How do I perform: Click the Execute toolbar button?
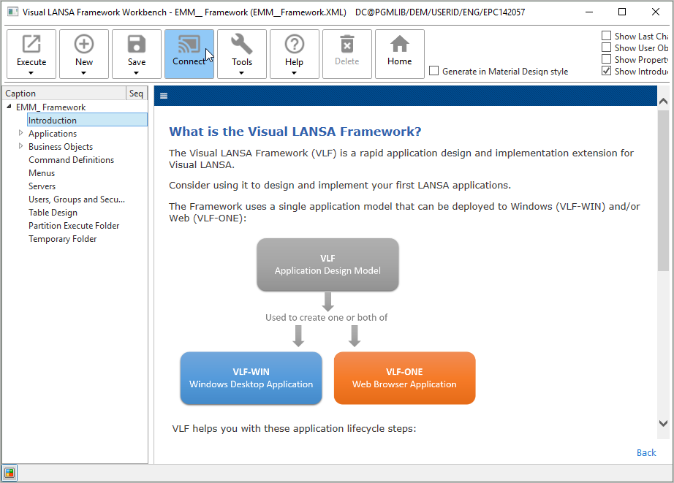31,53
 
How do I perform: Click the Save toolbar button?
137,53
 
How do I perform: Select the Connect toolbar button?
189,53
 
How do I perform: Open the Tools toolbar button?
242,53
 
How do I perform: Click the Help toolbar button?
294,53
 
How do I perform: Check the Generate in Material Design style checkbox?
434,71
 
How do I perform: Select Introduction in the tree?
53,121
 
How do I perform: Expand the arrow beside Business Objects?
20,147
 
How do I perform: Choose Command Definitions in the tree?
71,160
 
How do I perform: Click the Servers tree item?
42,186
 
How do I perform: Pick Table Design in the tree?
53,213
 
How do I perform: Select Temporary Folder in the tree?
62,239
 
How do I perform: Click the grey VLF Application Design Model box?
327,265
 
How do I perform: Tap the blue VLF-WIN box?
251,378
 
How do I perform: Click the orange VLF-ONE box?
404,378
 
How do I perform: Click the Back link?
646,452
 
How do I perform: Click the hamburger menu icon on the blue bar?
164,96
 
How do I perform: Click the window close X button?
656,12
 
